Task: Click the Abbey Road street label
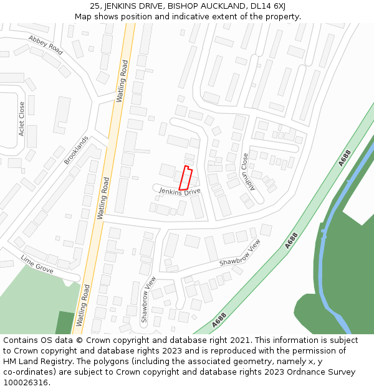[46, 45]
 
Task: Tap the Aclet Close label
[22, 119]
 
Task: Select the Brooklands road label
[76, 150]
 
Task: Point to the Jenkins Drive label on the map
[180, 191]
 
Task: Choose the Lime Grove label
[36, 263]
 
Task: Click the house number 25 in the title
[96, 6]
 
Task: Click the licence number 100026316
[26, 382]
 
